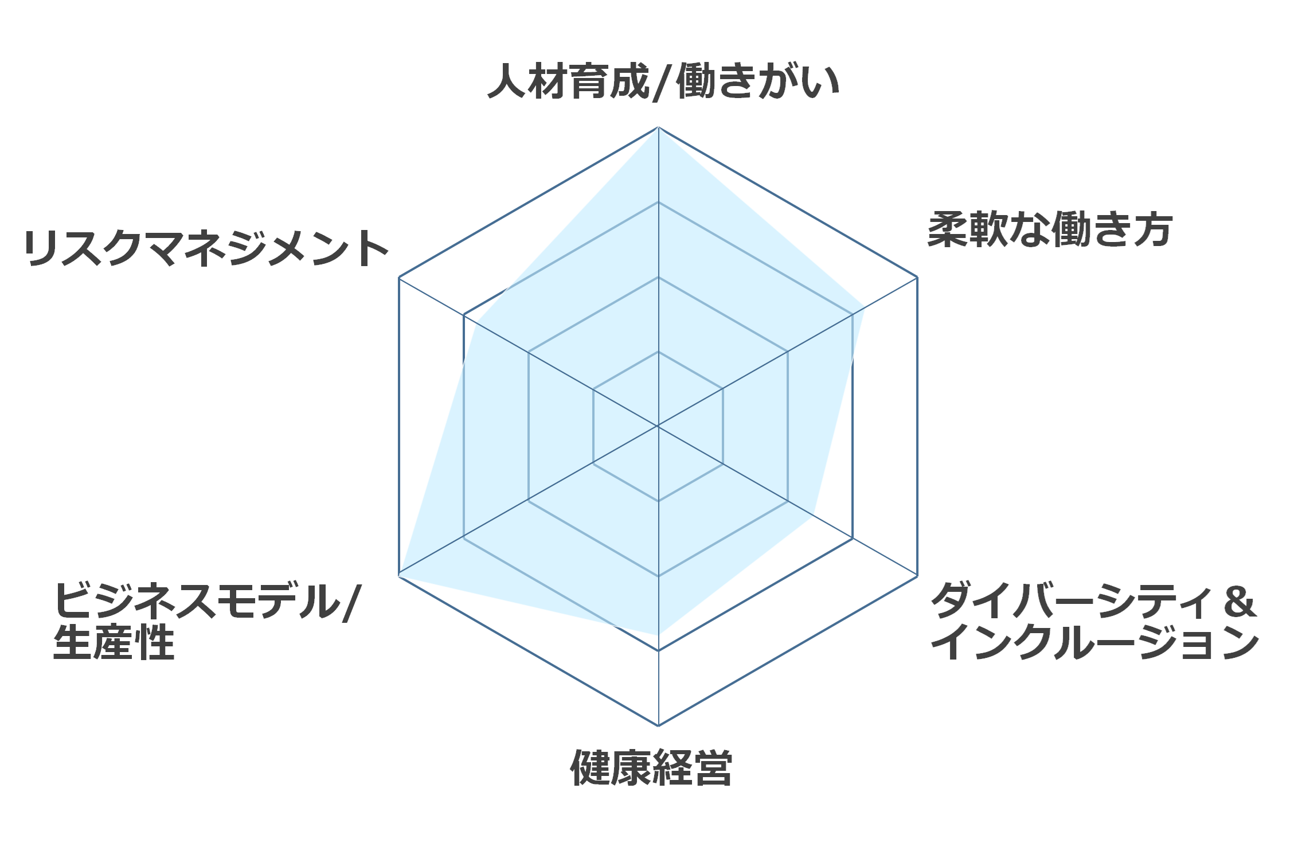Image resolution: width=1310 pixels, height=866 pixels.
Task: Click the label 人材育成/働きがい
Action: pyautogui.click(x=663, y=82)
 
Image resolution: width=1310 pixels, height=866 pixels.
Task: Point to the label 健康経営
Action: pyautogui.click(x=651, y=767)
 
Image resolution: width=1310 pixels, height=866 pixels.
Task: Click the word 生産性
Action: pyautogui.click(x=114, y=642)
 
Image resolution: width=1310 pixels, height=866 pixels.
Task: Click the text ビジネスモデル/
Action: pyautogui.click(x=206, y=601)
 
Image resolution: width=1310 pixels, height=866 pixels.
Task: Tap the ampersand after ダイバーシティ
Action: pyautogui.click(x=1239, y=602)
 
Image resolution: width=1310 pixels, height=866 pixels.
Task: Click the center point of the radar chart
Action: pyautogui.click(x=658, y=426)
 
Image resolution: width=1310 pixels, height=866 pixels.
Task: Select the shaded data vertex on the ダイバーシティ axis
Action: pyautogui.click(x=812, y=515)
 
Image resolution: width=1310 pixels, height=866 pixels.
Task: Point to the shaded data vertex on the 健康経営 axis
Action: pyautogui.click(x=658, y=635)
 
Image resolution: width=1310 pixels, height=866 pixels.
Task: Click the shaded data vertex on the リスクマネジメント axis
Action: pyautogui.click(x=477, y=322)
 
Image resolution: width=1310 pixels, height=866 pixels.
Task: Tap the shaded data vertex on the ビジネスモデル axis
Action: pyautogui.click(x=400, y=575)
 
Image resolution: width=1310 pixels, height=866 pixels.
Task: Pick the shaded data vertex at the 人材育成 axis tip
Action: pyautogui.click(x=658, y=128)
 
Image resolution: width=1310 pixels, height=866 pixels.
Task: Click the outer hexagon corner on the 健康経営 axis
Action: pyautogui.click(x=658, y=725)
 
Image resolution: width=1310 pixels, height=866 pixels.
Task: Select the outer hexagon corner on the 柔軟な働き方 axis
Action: pyautogui.click(x=917, y=278)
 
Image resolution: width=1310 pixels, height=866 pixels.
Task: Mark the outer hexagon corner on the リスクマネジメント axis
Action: pyautogui.click(x=399, y=278)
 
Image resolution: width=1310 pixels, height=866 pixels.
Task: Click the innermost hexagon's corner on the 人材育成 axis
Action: pyautogui.click(x=658, y=352)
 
